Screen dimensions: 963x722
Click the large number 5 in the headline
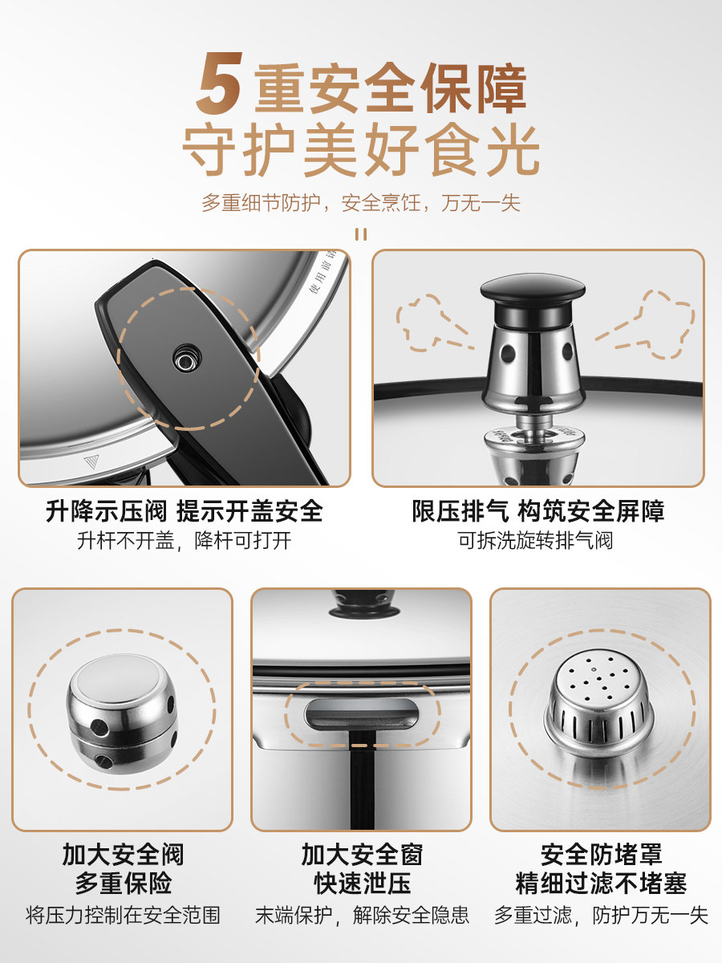click(222, 83)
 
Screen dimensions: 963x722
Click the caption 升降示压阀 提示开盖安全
click(185, 511)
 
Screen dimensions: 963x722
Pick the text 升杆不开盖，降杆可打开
click(185, 540)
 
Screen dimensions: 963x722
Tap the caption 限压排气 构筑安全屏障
click(538, 511)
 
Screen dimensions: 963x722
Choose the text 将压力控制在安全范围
click(123, 915)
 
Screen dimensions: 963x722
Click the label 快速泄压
click(362, 884)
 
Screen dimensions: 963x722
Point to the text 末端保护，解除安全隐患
click(362, 915)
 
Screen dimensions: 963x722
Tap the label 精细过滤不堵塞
click(601, 884)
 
